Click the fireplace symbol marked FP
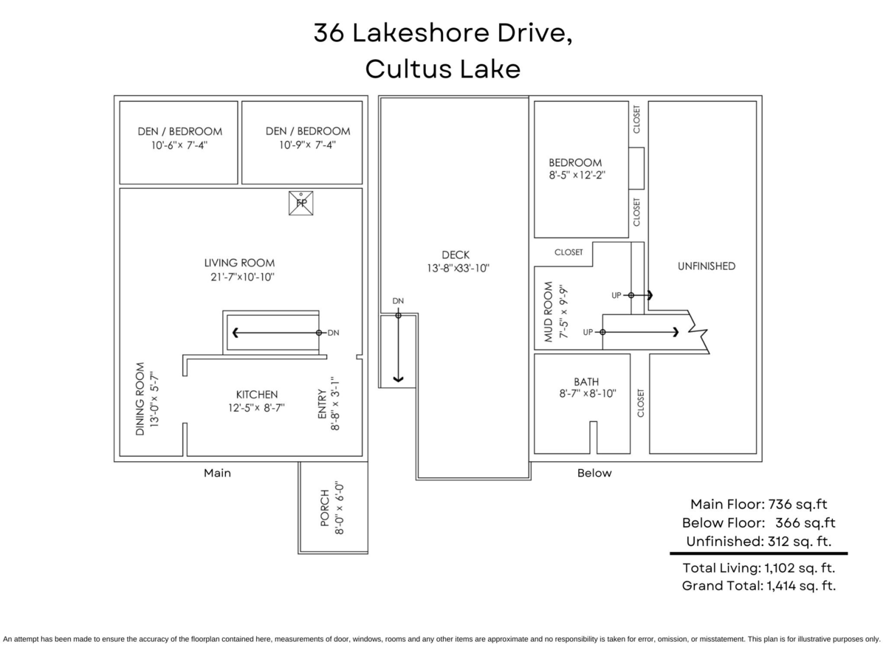click(x=301, y=203)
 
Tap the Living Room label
click(x=239, y=263)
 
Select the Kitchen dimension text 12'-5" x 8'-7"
click(x=256, y=407)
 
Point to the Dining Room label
click(x=140, y=398)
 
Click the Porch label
click(x=325, y=508)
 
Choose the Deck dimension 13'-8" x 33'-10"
click(x=459, y=268)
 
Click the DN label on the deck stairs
click(x=398, y=301)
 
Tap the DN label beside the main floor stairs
click(x=334, y=333)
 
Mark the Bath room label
click(x=586, y=381)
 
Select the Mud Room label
click(x=548, y=311)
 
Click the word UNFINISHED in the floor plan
click(x=707, y=266)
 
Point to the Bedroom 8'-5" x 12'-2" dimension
click(x=577, y=176)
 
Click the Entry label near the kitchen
click(x=322, y=404)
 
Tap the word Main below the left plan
click(x=217, y=473)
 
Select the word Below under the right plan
click(x=594, y=473)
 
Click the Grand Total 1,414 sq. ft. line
click(x=759, y=585)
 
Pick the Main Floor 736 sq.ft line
click(x=759, y=504)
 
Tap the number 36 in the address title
click(x=329, y=32)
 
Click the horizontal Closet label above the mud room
click(x=569, y=252)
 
